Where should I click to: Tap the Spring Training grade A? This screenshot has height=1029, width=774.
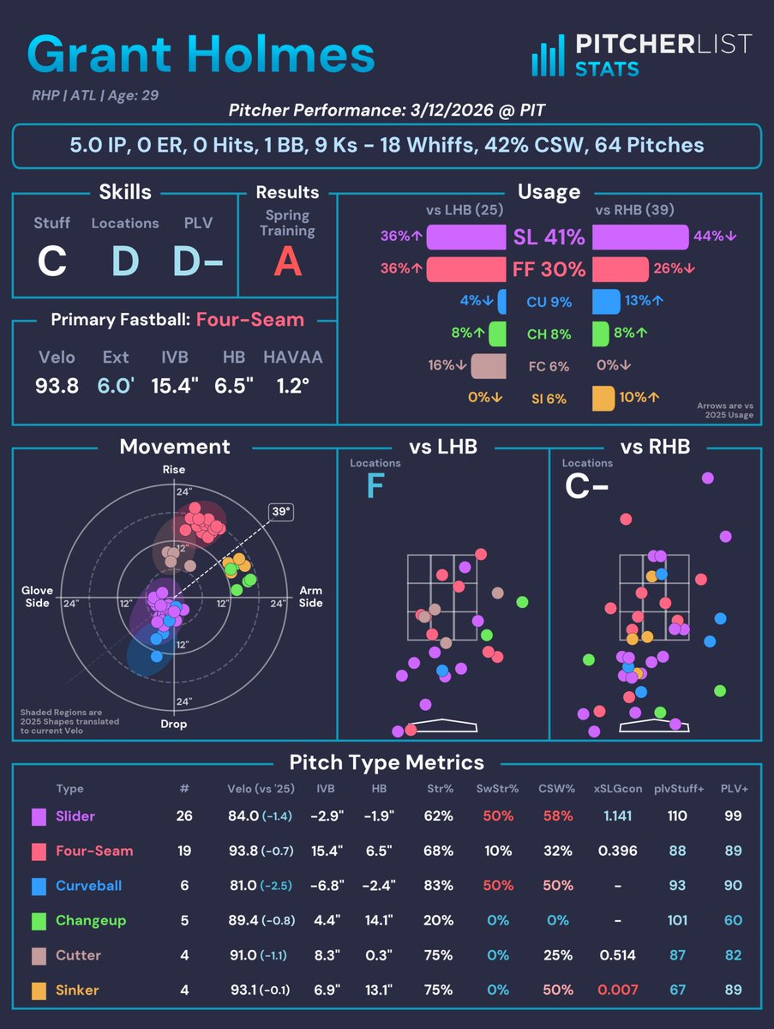click(x=288, y=262)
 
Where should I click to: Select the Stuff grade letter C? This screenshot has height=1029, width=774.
click(x=51, y=262)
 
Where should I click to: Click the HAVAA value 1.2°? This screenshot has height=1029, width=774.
click(x=287, y=386)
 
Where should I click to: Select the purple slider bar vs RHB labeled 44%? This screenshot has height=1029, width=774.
click(x=640, y=237)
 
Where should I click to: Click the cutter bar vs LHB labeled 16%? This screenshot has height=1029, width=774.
click(x=488, y=366)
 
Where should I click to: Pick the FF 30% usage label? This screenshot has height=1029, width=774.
click(x=549, y=269)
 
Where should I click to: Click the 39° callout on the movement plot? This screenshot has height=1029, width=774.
click(x=279, y=512)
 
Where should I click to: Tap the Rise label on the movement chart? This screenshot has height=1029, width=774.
click(x=174, y=470)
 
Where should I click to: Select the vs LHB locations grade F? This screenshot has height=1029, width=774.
click(x=375, y=487)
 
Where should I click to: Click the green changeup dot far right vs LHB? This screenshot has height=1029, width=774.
click(x=522, y=602)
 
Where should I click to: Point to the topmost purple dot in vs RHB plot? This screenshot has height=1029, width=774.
click(x=707, y=478)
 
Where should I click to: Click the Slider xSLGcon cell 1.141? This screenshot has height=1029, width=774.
click(x=618, y=816)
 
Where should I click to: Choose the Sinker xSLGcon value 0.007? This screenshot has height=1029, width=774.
click(x=618, y=990)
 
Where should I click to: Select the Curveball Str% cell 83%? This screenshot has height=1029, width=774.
click(x=438, y=886)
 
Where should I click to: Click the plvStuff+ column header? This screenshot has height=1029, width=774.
click(x=677, y=788)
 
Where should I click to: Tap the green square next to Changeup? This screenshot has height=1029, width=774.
click(x=39, y=921)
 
